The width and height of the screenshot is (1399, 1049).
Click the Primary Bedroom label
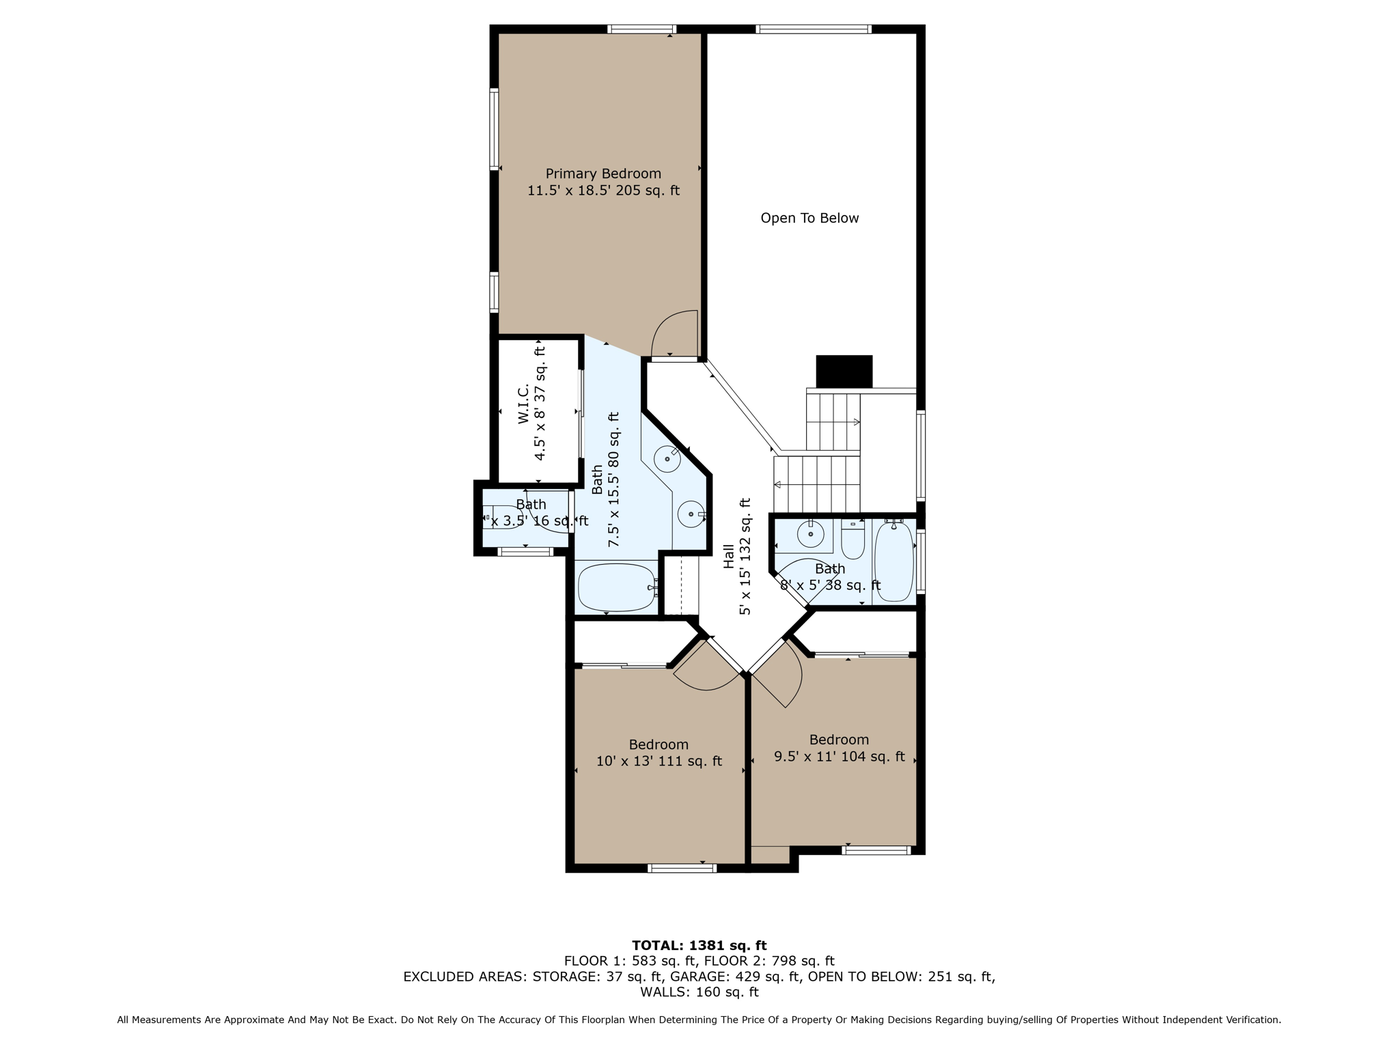603,173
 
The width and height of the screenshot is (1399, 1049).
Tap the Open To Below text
809,218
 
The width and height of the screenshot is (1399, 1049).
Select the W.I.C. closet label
524,404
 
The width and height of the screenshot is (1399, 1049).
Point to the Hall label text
729,556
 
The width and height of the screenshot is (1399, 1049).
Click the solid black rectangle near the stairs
844,372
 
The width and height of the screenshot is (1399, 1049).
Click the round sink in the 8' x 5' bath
810,534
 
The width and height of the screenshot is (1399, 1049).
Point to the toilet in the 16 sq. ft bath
501,517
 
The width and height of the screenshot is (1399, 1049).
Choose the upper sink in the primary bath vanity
667,459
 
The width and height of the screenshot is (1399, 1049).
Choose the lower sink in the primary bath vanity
691,514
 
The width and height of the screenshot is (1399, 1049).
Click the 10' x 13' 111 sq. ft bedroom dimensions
659,761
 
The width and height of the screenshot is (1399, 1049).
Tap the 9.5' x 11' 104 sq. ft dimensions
839,757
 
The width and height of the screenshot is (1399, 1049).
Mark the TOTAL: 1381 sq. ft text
699,945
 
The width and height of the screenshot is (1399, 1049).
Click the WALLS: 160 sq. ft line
699,992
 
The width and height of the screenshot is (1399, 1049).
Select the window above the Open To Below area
813,29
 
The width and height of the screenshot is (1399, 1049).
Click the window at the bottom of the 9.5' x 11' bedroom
876,850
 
